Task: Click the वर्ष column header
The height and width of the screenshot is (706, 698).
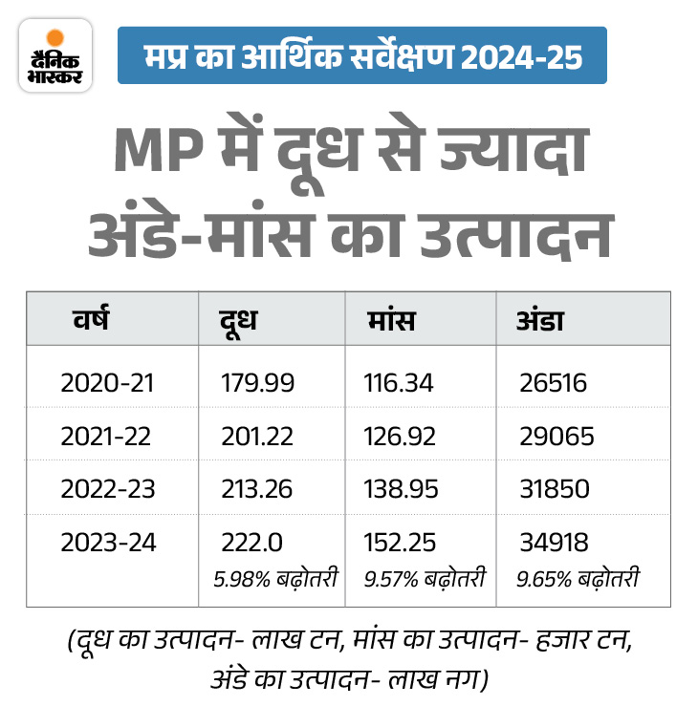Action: tap(92, 320)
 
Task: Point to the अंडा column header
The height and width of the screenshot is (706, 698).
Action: tap(540, 320)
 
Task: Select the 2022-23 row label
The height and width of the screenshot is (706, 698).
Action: tap(107, 488)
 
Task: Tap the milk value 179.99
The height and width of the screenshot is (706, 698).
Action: tap(258, 383)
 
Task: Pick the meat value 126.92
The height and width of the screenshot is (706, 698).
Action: tap(399, 436)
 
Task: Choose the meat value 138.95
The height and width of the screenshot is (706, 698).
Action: tap(401, 488)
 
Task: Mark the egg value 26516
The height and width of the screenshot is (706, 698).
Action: tap(554, 383)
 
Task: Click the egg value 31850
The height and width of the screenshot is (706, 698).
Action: tap(555, 488)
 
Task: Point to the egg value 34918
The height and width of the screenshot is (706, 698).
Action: tap(555, 542)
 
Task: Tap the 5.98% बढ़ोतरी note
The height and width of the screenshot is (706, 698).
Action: tap(275, 578)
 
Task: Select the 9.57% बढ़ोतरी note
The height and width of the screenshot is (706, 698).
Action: tap(425, 578)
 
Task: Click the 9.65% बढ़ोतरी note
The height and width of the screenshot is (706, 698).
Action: tap(578, 578)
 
